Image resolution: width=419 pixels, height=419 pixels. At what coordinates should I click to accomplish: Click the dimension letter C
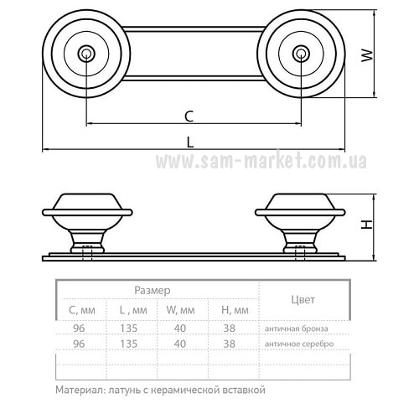[x=189, y=116]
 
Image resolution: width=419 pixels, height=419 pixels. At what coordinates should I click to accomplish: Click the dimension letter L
[x=190, y=142]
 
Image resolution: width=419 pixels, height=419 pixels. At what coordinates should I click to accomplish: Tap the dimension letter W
[x=367, y=55]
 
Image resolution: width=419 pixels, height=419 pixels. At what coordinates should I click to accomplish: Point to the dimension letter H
[x=367, y=225]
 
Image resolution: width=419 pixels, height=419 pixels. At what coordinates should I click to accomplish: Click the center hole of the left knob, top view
[x=86, y=53]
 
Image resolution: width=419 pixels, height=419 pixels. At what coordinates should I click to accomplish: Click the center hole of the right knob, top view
[x=301, y=53]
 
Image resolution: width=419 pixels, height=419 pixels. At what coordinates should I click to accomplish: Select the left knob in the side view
[x=87, y=224]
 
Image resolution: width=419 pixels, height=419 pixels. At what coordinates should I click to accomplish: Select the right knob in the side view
[x=300, y=224]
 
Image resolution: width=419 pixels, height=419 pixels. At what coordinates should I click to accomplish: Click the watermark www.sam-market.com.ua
[x=261, y=161]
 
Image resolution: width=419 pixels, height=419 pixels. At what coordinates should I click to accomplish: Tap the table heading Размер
[x=153, y=291]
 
